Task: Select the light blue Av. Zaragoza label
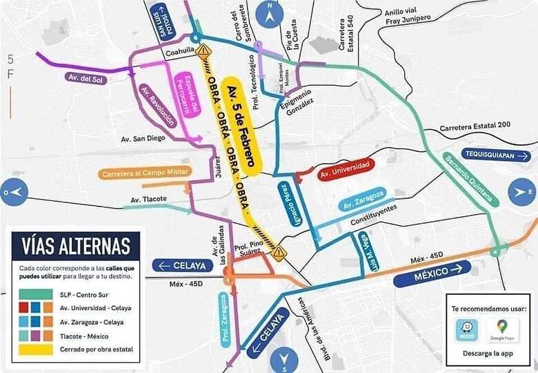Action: point(363,200)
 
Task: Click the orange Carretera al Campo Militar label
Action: point(144,173)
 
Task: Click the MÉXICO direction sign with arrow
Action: point(432,274)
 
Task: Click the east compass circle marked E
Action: point(521,191)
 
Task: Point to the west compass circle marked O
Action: point(15,191)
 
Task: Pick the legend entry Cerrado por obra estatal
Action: point(74,349)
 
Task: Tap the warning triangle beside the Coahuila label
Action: point(203,50)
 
